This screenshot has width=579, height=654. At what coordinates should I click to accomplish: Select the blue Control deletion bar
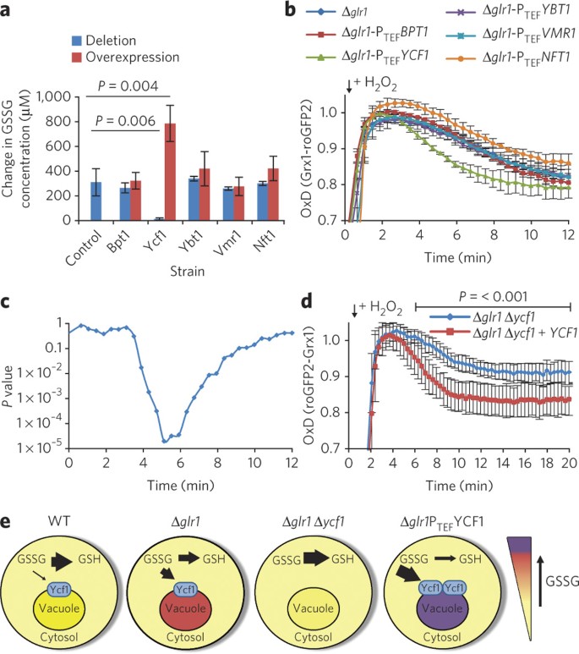click(x=96, y=201)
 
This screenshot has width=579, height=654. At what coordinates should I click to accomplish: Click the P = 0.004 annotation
click(x=128, y=86)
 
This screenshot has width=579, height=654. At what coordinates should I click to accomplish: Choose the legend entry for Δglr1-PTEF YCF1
click(x=367, y=57)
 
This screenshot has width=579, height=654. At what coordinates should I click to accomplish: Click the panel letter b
click(x=290, y=9)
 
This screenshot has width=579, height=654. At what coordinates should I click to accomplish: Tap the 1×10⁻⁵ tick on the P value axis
click(x=40, y=447)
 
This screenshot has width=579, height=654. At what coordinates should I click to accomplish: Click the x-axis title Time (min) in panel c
click(x=181, y=485)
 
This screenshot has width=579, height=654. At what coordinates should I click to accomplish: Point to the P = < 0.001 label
click(x=493, y=297)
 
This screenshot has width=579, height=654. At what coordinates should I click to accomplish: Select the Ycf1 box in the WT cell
click(x=60, y=590)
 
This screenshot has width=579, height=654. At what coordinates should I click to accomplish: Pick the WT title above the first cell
click(x=59, y=521)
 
